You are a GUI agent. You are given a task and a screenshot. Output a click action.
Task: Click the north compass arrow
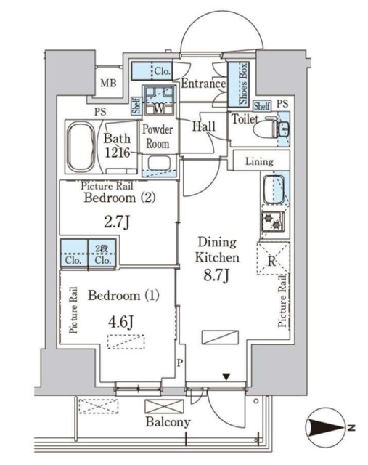pos(327,428)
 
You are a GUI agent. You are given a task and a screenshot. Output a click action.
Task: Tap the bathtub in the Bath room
pos(81,147)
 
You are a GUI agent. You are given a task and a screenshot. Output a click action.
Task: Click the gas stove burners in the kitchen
pos(273,222)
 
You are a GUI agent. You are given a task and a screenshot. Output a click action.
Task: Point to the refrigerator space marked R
pos(273,258)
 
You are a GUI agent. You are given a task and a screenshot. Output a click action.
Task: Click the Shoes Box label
pos(244,84)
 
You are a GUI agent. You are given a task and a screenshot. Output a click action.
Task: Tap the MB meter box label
pos(108,83)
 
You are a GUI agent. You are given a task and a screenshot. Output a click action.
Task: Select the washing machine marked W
pos(160,100)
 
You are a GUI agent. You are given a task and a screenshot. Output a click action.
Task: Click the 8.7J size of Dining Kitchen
pos(216,276)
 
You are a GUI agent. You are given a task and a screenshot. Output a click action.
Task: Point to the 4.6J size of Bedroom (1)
pos(120,321)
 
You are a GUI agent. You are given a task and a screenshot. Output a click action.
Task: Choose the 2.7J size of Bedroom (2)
pos(117,222)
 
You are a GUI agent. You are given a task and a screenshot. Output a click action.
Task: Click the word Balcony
pos(168,422)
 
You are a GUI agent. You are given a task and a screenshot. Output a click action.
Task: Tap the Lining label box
pos(260,161)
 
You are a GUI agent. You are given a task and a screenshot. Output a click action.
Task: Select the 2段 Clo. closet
pos(102,254)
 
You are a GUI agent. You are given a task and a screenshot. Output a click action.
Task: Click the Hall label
pos(204,126)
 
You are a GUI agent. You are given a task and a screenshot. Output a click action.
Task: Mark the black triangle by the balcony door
pos(226,377)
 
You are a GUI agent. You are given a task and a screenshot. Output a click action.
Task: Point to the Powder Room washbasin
pos(160,163)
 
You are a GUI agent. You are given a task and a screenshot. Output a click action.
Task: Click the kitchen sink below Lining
pos(274,190)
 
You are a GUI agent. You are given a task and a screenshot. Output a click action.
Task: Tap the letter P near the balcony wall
pos(180,363)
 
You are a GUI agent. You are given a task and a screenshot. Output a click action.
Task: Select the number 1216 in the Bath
pos(118,153)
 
